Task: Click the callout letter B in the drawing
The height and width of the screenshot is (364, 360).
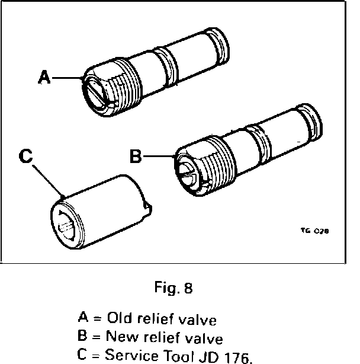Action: tap(136, 157)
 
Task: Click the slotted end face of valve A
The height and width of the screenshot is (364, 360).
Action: tap(97, 89)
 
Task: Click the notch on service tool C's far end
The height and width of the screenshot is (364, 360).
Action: tap(147, 206)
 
